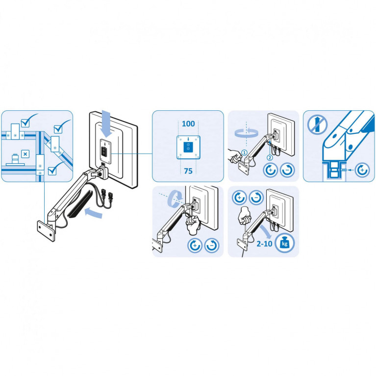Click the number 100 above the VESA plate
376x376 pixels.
coord(188,124)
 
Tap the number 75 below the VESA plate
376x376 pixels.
coord(188,171)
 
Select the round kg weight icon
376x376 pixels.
coord(284,243)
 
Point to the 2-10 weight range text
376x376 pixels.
coord(264,244)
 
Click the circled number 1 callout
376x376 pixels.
coord(244,152)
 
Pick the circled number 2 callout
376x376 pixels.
coord(270,158)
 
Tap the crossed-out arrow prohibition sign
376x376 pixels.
coord(317,124)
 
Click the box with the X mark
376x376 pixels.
coord(25,154)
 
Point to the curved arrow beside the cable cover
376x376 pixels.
coord(94,213)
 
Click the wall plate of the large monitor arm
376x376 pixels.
coord(46,231)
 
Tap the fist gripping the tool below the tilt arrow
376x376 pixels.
coord(193,225)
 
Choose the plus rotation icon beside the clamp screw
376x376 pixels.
coord(362,170)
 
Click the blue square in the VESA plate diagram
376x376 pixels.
coord(188,147)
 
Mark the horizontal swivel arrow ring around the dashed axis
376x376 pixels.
coord(247,133)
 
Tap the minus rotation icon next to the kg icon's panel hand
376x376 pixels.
coord(256,198)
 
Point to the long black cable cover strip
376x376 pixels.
coord(79,204)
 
